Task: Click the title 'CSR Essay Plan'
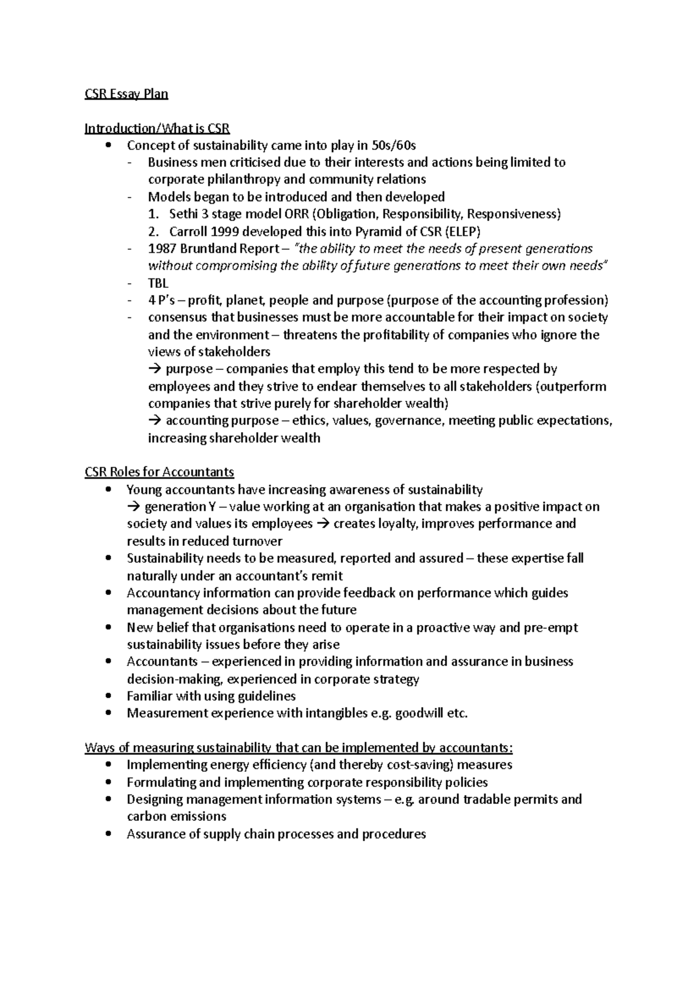126,94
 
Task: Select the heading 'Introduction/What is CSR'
157,128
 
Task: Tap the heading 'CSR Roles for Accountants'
159,472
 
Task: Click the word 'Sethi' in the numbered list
184,214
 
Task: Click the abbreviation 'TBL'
158,283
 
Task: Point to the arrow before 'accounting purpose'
154,421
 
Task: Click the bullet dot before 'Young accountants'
107,490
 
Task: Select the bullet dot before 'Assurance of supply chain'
107,833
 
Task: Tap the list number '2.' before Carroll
154,231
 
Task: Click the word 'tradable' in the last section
486,799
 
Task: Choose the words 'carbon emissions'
176,816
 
